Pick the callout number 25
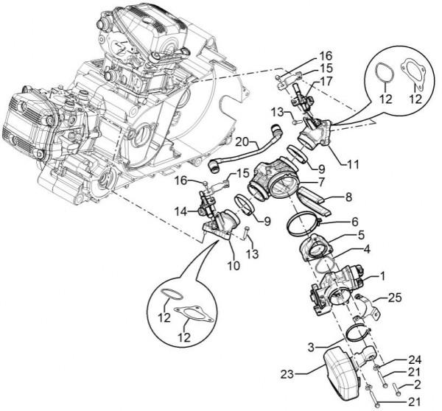coord(393,298)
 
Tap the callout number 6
coord(354,221)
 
